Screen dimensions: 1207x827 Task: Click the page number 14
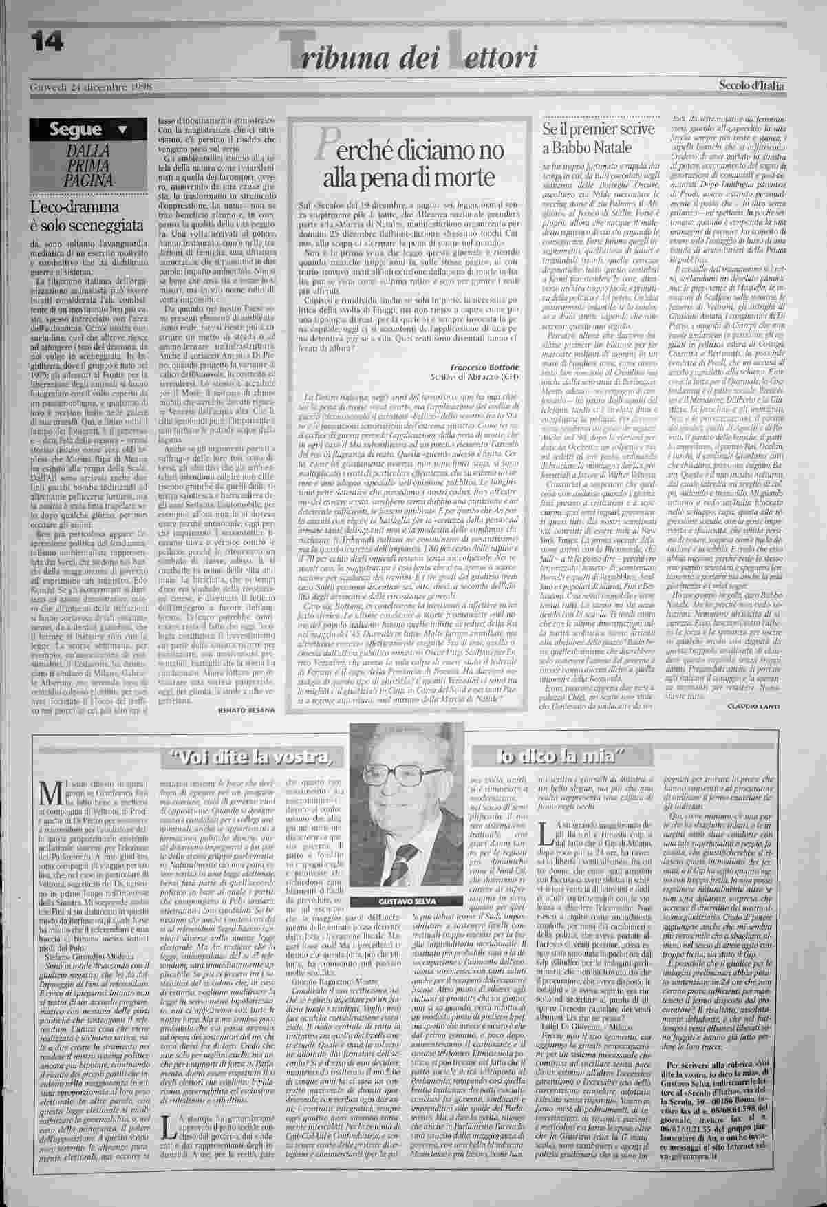point(45,43)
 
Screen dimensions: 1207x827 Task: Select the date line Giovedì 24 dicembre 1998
point(91,87)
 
